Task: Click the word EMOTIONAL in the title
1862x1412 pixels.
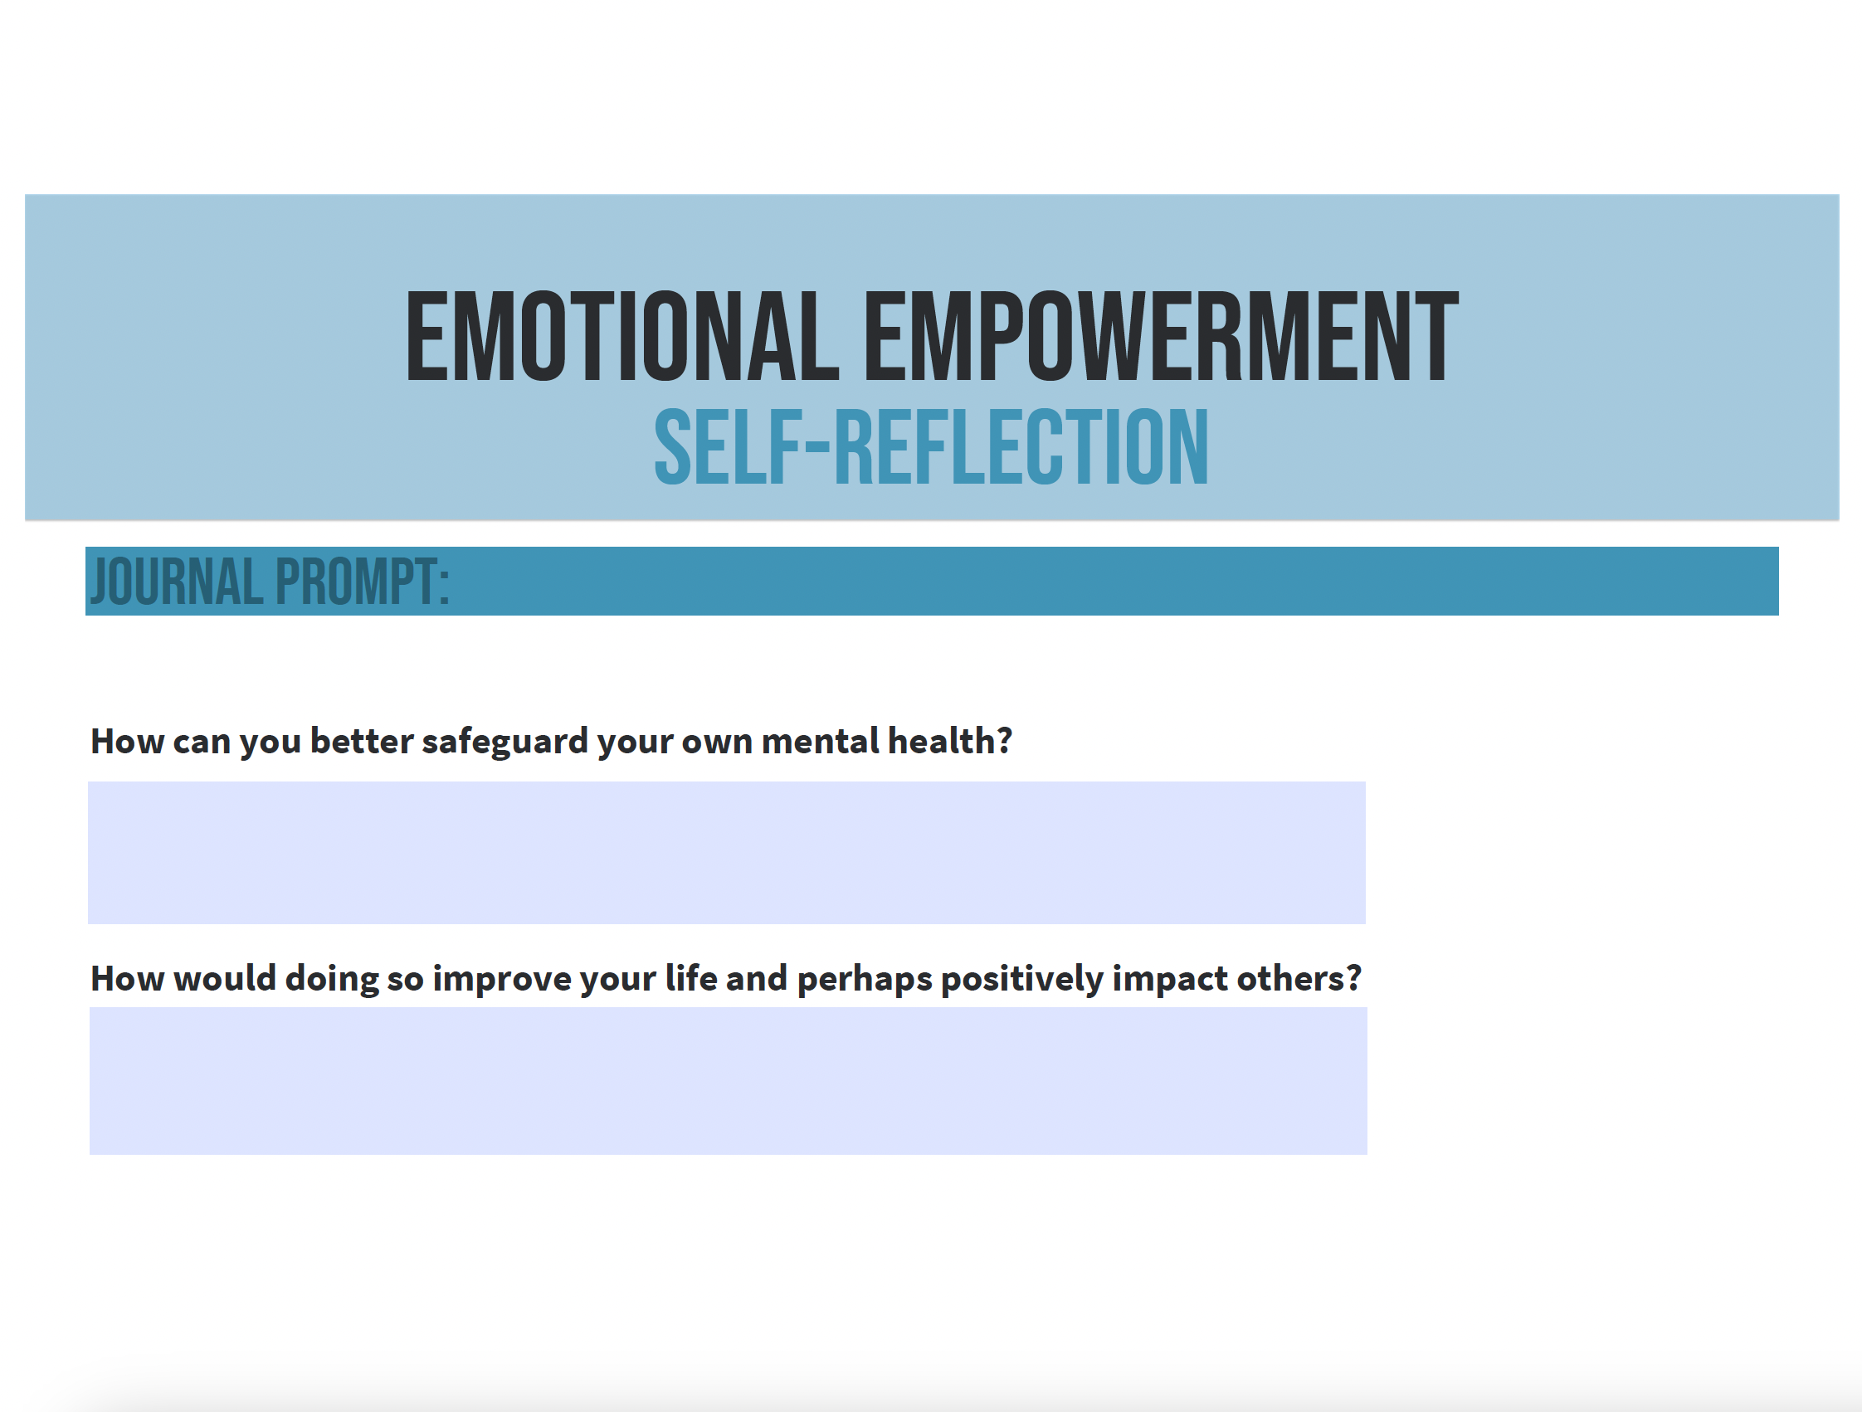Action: pos(622,337)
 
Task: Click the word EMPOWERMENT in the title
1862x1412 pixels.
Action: pos(1162,337)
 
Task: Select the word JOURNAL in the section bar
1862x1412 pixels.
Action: pos(176,582)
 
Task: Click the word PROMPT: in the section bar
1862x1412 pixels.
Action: pos(363,582)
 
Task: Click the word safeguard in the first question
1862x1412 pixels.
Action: pos(505,743)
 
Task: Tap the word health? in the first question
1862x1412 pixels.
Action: pos(950,741)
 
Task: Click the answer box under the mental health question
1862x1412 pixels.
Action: pos(726,852)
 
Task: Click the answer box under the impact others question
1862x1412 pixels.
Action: pos(729,1080)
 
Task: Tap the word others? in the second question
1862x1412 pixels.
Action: pos(1299,978)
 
